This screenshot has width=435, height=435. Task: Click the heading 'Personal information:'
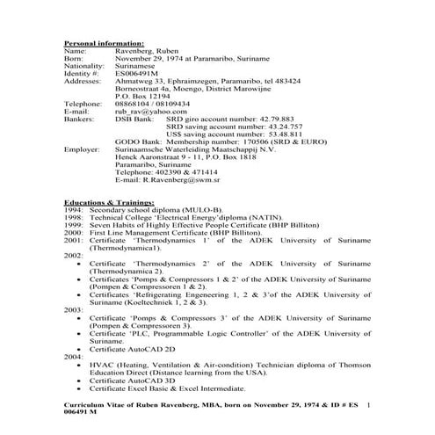coord(104,43)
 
